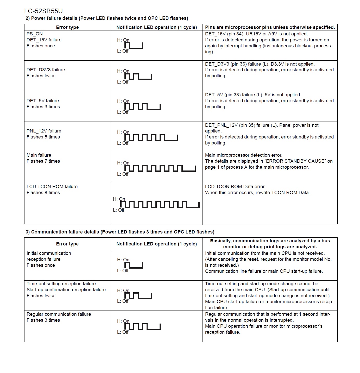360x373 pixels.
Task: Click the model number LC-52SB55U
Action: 43,11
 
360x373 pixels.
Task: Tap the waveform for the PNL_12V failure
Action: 151,137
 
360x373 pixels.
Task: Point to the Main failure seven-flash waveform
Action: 160,168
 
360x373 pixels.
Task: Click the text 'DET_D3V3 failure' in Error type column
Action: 46,70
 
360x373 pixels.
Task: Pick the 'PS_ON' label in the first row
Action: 35,34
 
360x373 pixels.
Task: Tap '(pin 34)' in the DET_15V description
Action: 236,34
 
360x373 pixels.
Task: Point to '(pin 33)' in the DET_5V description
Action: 234,95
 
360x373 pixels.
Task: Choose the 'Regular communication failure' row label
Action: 59,314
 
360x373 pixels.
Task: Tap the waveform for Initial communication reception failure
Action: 134,265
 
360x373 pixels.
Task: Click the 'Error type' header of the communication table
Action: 67,244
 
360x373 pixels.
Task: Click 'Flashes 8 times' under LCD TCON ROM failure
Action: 43,193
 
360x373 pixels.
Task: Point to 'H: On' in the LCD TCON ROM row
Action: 119,199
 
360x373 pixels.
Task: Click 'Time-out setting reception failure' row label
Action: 61,284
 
